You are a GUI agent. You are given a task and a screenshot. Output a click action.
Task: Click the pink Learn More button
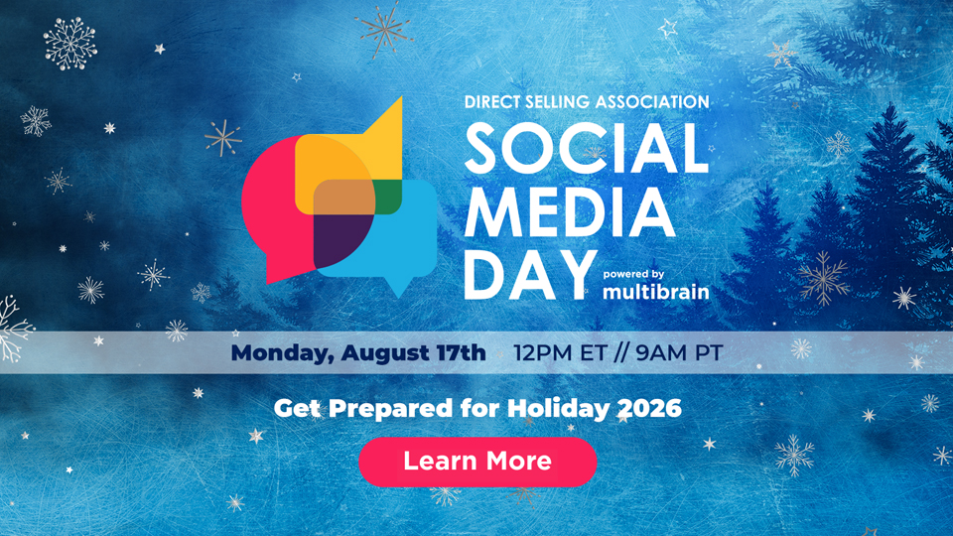point(477,462)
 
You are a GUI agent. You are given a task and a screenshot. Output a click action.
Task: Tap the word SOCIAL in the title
point(587,148)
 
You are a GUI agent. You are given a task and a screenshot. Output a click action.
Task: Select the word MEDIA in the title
point(570,211)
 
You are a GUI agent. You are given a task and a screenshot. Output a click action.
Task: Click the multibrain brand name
point(656,292)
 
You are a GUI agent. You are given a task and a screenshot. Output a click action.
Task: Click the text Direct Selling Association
point(587,101)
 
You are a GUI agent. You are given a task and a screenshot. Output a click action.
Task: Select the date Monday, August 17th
point(358,353)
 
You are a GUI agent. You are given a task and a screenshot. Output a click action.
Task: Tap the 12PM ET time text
point(560,353)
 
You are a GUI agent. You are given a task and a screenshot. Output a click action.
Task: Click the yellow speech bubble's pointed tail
point(392,118)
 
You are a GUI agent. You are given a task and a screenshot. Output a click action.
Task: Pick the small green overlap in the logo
point(388,198)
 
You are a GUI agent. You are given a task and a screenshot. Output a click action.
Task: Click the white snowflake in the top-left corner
point(70,43)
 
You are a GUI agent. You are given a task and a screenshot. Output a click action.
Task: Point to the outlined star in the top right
point(668,28)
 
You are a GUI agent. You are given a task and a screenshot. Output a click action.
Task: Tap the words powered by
point(633,274)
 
